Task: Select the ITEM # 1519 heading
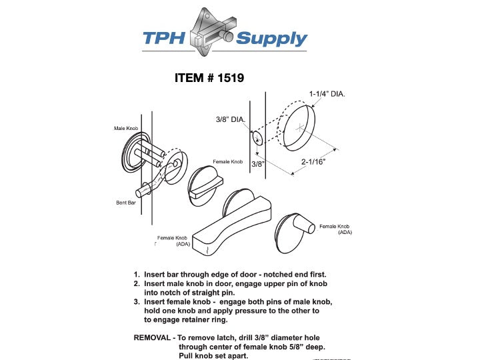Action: click(x=209, y=78)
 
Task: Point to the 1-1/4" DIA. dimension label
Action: click(x=327, y=94)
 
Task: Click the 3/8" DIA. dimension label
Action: click(x=231, y=120)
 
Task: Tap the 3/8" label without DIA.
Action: click(x=258, y=163)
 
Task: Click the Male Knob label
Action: click(x=125, y=127)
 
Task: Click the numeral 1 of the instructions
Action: click(x=137, y=275)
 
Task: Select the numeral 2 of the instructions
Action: click(x=137, y=284)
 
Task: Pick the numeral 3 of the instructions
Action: click(x=137, y=302)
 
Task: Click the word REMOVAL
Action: click(x=154, y=338)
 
